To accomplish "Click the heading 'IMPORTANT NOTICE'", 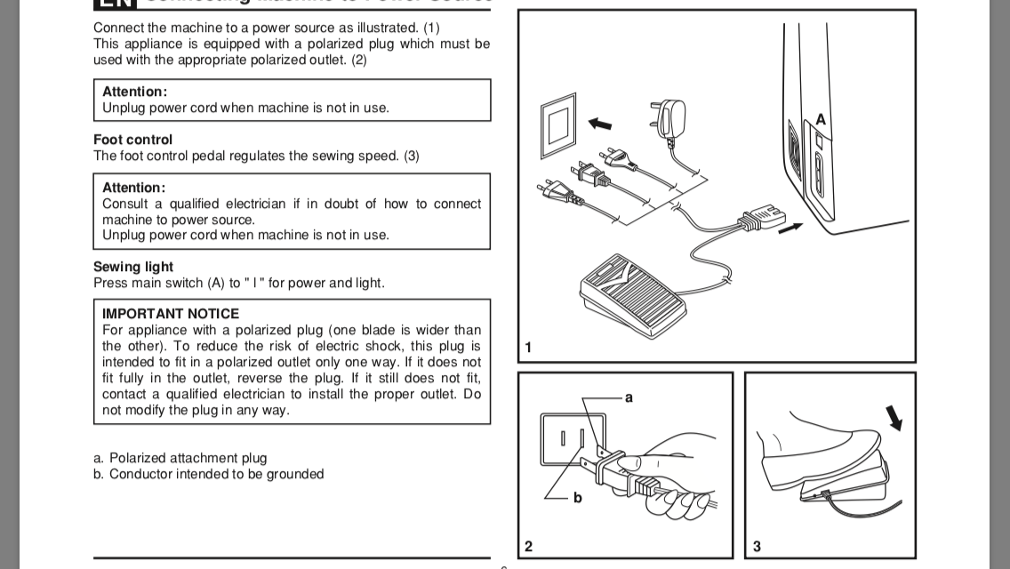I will pos(171,314).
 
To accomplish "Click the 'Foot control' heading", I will pos(133,140).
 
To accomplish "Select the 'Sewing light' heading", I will pos(133,267).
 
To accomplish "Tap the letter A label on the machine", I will pos(821,119).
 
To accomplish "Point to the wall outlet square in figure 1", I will pos(559,130).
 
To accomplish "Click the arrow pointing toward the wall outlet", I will pos(599,122).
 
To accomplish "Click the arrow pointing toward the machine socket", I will pos(790,228).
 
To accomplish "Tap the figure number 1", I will pos(528,348).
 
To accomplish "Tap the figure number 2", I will pos(528,546).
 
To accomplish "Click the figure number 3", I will pos(756,546).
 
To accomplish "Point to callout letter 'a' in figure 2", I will pos(629,397).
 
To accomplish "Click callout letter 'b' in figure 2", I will pos(577,498).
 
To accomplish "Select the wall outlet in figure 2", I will pos(573,440).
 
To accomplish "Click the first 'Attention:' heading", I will pos(134,92).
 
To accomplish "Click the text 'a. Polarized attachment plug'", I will pos(180,458).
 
